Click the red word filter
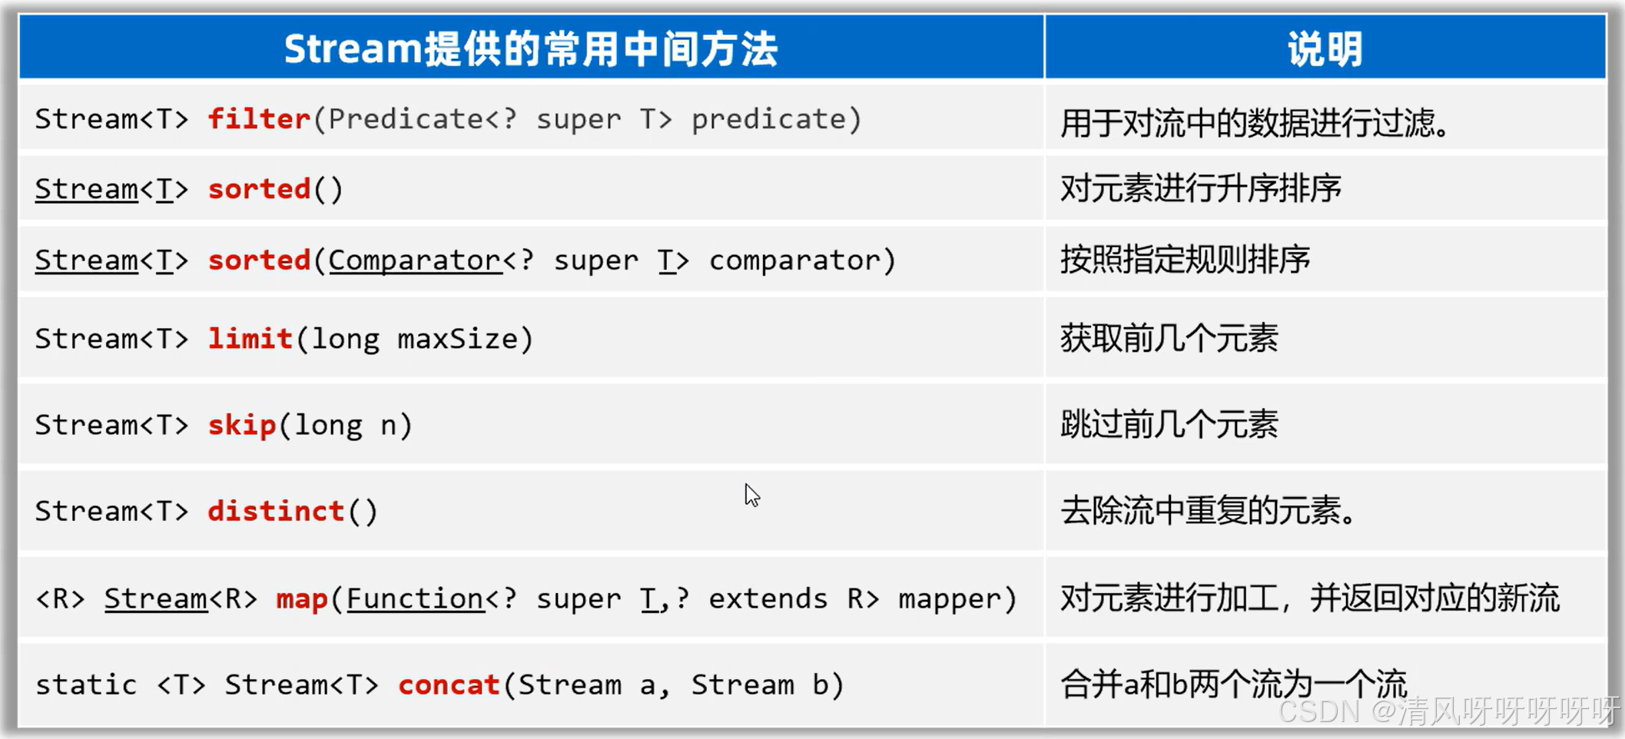[x=259, y=119]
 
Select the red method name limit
[x=250, y=339]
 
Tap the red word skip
[x=241, y=425]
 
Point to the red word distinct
[x=276, y=511]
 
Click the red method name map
[x=302, y=598]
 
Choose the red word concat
[x=449, y=684]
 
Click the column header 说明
[x=1325, y=49]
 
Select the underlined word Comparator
[x=415, y=260]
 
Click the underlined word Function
[x=415, y=598]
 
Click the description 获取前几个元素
[x=1169, y=339]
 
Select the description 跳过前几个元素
[x=1169, y=425]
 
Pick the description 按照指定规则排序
[x=1185, y=260]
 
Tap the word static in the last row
[x=86, y=684]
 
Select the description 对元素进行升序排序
[x=1200, y=189]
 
